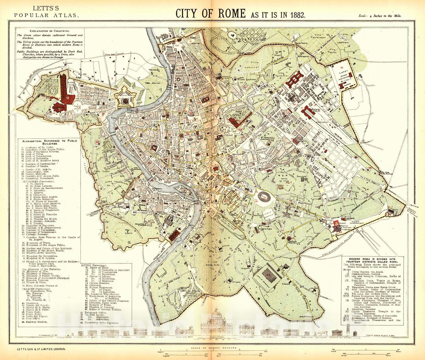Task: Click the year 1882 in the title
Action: pyautogui.click(x=297, y=15)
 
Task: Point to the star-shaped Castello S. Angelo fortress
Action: pyautogui.click(x=125, y=101)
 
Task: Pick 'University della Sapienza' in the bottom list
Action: pyautogui.click(x=100, y=322)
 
